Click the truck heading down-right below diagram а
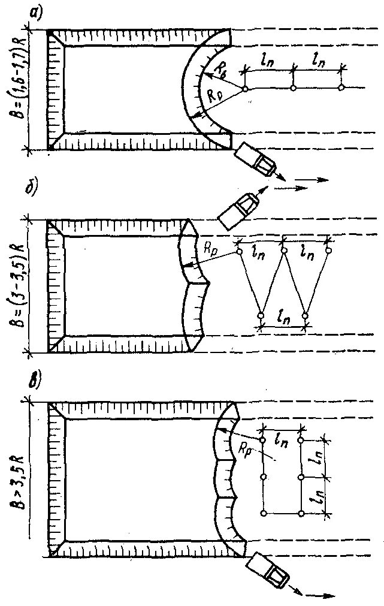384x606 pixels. click(255, 159)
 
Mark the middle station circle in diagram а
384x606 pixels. click(293, 88)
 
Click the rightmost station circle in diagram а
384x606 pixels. click(340, 88)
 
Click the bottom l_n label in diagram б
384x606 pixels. click(282, 314)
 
